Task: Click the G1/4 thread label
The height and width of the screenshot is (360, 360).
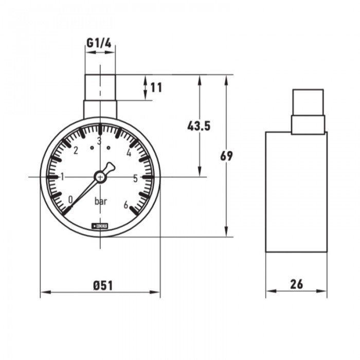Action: (x=99, y=44)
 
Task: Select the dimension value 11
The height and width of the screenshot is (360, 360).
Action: (x=156, y=87)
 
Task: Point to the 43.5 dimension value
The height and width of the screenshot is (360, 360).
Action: (x=199, y=126)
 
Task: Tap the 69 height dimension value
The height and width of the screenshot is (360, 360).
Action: (x=226, y=156)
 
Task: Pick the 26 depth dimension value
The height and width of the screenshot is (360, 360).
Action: (x=296, y=283)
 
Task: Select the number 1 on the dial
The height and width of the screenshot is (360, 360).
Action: (x=63, y=177)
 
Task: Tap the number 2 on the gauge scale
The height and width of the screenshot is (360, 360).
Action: (x=76, y=151)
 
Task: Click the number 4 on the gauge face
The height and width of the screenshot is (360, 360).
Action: (x=129, y=152)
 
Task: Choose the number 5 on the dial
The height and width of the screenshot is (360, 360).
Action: (x=135, y=178)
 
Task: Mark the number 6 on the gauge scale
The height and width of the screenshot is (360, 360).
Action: (x=125, y=204)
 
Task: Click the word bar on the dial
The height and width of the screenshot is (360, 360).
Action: (x=101, y=202)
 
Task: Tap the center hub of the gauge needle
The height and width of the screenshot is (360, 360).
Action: (x=100, y=177)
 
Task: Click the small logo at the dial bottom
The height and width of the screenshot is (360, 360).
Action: (x=100, y=225)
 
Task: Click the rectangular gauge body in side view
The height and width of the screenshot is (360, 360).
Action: (x=296, y=192)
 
